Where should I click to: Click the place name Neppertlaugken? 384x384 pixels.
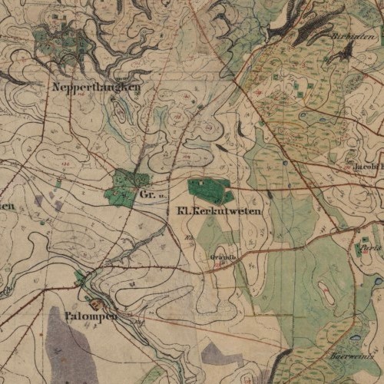pos(96,88)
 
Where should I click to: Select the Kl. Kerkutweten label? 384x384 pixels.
pos(220,210)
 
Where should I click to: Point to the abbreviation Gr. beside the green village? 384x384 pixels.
pos(148,195)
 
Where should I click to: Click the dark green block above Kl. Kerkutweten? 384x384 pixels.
pos(210,189)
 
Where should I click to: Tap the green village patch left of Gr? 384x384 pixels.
pos(123,187)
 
